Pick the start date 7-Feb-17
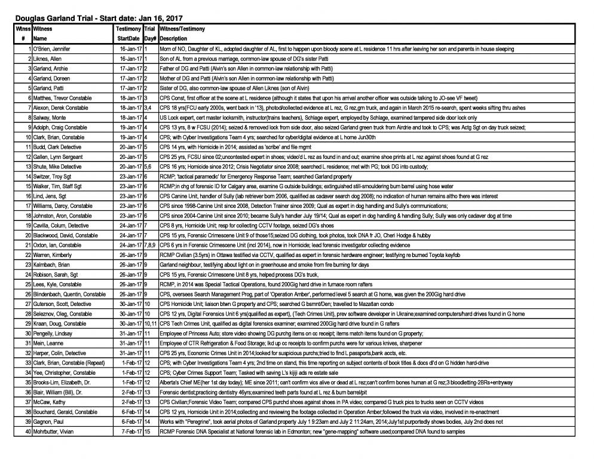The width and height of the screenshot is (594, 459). click(130, 430)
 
